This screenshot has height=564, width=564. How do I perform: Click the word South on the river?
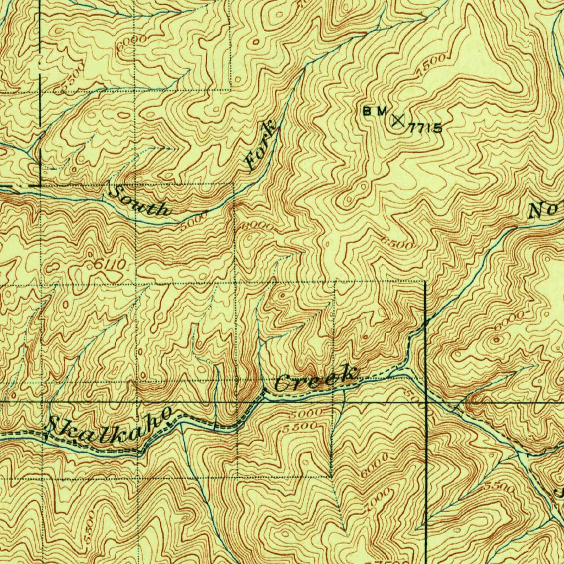tap(140, 202)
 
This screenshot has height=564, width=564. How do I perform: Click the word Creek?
tap(316, 379)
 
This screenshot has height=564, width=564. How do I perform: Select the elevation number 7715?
tap(425, 129)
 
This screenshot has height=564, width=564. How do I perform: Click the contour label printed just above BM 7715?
tap(430, 66)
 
